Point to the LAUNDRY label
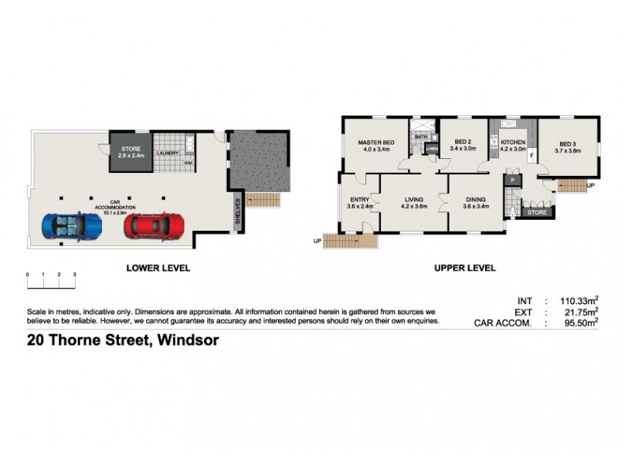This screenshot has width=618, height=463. pyautogui.click(x=168, y=154)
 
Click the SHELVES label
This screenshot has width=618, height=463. pyautogui.click(x=239, y=212)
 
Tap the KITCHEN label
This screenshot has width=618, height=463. pyautogui.click(x=513, y=143)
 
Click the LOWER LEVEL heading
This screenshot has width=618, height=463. pyautogui.click(x=158, y=269)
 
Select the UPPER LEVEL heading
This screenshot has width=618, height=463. pyautogui.click(x=465, y=269)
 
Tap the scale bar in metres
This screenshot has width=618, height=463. pyautogui.click(x=51, y=282)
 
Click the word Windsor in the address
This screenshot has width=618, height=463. pyautogui.click(x=188, y=340)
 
